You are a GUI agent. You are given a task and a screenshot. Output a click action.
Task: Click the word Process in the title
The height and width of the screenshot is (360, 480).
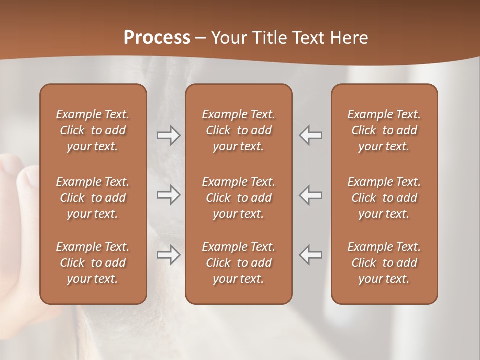(x=157, y=38)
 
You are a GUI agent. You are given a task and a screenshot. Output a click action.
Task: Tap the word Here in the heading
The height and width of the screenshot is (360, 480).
(x=350, y=38)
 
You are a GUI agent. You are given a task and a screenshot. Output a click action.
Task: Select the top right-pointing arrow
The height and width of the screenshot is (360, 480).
(x=169, y=135)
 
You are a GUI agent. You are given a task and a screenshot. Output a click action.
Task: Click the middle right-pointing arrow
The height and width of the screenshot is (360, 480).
(x=169, y=195)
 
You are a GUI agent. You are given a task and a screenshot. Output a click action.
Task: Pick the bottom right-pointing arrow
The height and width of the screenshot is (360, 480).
(x=169, y=255)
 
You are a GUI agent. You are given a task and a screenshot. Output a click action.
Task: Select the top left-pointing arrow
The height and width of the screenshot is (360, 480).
(x=310, y=135)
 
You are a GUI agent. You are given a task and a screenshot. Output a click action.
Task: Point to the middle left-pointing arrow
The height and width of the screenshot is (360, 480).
(x=310, y=195)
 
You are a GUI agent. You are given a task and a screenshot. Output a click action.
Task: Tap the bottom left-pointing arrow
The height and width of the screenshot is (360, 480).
(x=310, y=255)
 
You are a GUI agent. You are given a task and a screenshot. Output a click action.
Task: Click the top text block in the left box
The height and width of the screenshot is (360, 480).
(x=93, y=130)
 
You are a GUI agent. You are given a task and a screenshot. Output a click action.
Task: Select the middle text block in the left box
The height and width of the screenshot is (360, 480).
(x=93, y=198)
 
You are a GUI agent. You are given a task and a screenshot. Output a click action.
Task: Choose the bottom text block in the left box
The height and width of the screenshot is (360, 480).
(x=93, y=263)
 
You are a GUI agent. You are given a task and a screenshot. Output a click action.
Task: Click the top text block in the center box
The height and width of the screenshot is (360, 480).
(x=239, y=130)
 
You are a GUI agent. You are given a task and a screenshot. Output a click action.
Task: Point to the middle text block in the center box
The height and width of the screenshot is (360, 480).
(x=239, y=198)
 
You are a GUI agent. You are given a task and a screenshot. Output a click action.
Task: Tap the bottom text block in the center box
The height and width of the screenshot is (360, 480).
(x=239, y=263)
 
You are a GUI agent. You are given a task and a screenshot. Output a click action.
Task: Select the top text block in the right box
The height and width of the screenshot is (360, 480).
(x=384, y=130)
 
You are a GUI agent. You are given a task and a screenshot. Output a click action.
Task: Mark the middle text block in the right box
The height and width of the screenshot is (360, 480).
(x=384, y=198)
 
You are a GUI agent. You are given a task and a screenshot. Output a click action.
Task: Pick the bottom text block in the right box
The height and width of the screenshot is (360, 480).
(x=384, y=263)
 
